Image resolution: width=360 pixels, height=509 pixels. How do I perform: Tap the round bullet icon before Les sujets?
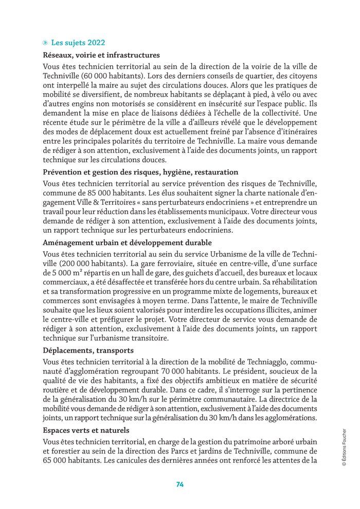click(x=46, y=43)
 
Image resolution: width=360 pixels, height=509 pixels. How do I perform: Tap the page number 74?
click(x=180, y=484)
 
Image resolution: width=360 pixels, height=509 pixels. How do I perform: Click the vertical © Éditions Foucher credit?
click(x=344, y=447)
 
